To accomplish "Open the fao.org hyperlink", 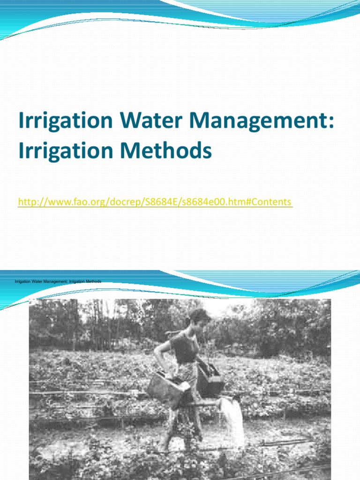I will tap(155, 202).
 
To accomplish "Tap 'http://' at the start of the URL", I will tap(31, 202).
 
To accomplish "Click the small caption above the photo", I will tap(58, 281).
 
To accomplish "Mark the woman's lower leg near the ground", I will tap(165, 438).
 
